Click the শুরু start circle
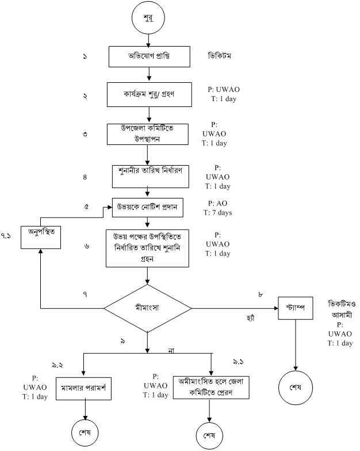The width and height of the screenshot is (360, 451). (x=150, y=18)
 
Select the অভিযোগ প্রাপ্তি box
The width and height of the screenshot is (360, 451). (x=150, y=58)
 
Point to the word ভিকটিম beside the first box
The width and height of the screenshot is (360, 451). (x=222, y=58)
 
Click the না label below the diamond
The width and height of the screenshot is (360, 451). (x=171, y=350)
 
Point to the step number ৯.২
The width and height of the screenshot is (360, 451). (x=57, y=365)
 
